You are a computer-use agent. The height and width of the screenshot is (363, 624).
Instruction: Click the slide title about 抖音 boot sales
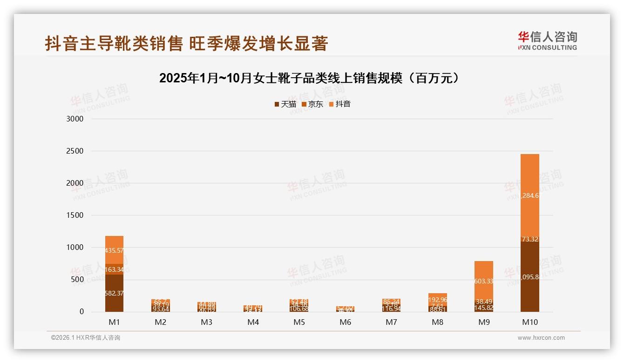[186, 43]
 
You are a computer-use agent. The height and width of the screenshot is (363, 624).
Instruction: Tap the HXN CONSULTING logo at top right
[547, 40]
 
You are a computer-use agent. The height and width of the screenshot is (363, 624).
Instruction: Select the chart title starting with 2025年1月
[310, 78]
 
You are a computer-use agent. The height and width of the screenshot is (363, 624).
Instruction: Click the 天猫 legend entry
[285, 104]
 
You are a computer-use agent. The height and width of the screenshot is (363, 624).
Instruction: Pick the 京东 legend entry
[312, 104]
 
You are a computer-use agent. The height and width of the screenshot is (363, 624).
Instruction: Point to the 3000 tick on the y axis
[75, 119]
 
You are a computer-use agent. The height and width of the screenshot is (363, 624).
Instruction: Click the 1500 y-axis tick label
[75, 215]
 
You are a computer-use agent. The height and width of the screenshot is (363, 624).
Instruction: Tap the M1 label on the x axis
[114, 322]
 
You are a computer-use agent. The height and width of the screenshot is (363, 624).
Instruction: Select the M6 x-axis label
[345, 322]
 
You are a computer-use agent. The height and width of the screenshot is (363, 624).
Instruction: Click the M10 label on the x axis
[530, 322]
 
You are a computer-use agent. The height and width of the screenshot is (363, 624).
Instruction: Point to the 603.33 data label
[484, 282]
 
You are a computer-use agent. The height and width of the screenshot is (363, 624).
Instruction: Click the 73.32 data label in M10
[530, 240]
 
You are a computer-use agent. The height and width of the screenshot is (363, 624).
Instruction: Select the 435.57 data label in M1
[114, 250]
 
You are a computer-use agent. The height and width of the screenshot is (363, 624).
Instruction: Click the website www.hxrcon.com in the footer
[541, 338]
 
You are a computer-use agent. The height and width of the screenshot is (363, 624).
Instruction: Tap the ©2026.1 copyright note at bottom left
[86, 338]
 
